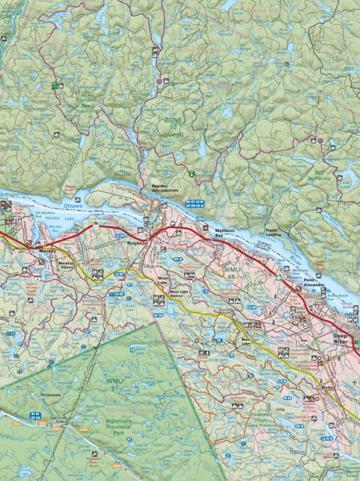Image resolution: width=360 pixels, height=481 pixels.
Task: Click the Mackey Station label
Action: (x=67, y=265)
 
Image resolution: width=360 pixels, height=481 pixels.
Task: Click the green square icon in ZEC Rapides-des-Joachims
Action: (x=54, y=86)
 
